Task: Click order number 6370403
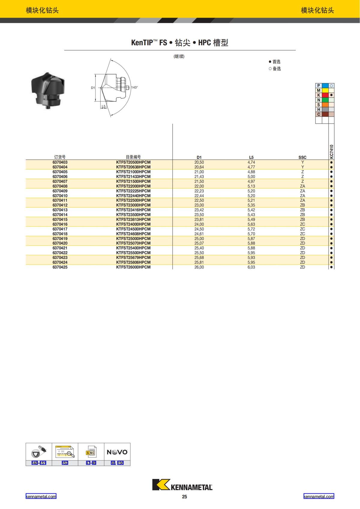[60, 162]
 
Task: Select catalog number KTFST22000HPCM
[133, 186]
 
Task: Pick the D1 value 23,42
[199, 210]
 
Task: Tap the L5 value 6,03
[251, 267]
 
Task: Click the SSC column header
[302, 157]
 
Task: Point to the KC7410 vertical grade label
[331, 152]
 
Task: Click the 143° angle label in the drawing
[134, 88]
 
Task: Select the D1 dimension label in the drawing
[93, 88]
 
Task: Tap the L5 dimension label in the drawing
[103, 106]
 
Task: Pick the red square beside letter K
[325, 95]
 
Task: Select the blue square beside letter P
[325, 85]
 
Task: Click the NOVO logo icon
[117, 452]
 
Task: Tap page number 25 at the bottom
[184, 497]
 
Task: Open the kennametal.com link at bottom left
[41, 496]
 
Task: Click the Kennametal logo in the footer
[182, 485]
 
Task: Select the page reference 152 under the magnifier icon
[65, 463]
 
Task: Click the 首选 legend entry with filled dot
[274, 62]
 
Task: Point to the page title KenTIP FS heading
[180, 43]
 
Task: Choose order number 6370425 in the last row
[60, 267]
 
